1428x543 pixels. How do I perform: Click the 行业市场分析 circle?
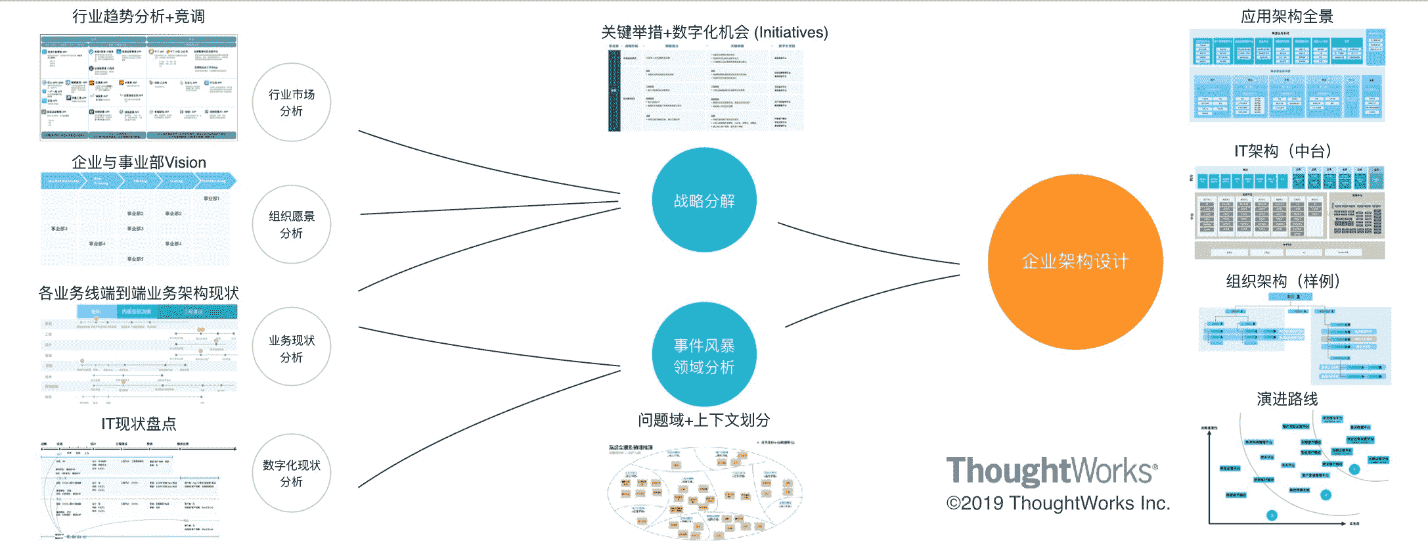[x=292, y=103]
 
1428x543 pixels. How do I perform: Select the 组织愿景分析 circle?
[x=292, y=224]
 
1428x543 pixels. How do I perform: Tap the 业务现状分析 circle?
[x=292, y=348]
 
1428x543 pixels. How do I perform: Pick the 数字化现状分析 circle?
[x=292, y=473]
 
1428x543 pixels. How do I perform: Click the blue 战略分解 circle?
[x=704, y=200]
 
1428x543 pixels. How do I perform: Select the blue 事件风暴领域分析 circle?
[x=704, y=355]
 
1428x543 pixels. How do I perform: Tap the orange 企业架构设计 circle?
[x=1075, y=262]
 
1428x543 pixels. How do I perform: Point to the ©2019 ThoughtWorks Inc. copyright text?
[x=1058, y=504]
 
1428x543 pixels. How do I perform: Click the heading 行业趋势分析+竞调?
[x=139, y=16]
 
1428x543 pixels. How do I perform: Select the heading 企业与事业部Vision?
[x=139, y=162]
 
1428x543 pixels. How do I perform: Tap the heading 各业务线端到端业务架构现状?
[x=139, y=293]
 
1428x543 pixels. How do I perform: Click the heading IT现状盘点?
[x=139, y=424]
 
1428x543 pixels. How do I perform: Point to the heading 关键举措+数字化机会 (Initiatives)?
[x=715, y=32]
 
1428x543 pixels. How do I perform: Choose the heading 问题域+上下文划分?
[x=704, y=420]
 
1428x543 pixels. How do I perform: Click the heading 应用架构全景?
[x=1287, y=16]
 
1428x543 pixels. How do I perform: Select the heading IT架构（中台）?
[x=1287, y=151]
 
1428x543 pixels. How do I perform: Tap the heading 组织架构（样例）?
[x=1287, y=281]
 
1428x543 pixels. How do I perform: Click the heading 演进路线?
[x=1287, y=399]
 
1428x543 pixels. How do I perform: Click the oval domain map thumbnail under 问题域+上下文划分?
[x=704, y=492]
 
